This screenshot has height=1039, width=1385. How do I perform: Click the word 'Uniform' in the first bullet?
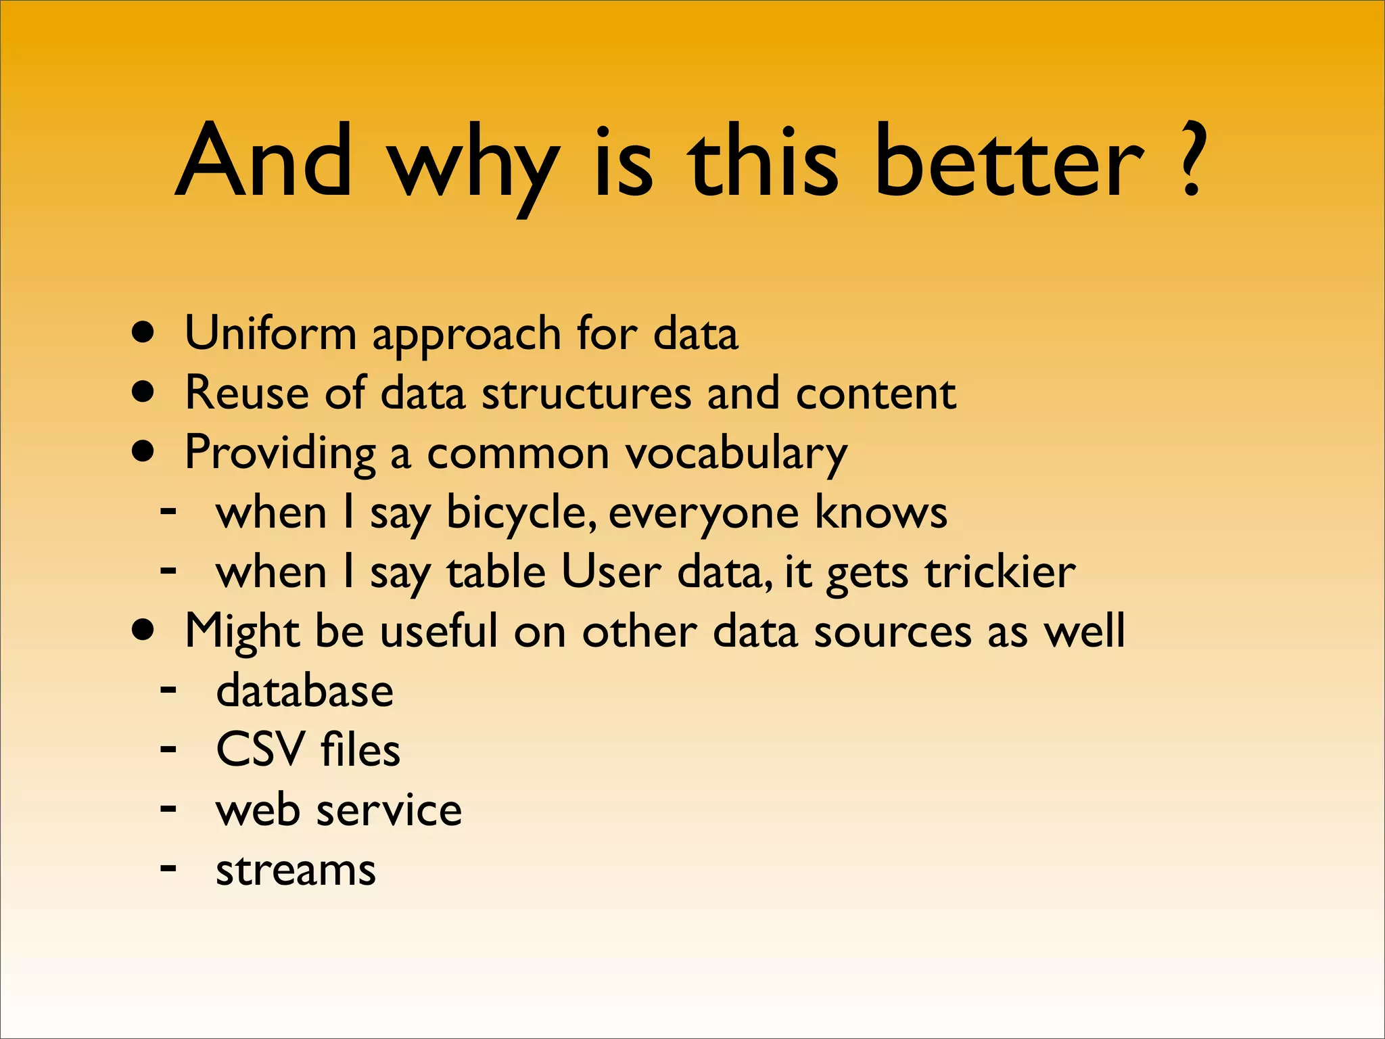pos(271,333)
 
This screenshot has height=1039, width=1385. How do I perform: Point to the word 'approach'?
pos(467,336)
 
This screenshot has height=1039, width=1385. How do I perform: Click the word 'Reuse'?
pos(247,393)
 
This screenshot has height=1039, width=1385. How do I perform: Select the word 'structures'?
pos(586,393)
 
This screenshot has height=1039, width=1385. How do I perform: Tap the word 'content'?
pos(876,393)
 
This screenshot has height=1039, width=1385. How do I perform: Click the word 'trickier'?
pos(1000,572)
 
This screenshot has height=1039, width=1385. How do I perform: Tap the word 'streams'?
pos(296,870)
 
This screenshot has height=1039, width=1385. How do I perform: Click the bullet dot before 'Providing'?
pos(143,451)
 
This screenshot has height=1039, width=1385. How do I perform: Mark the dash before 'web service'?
pos(168,808)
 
